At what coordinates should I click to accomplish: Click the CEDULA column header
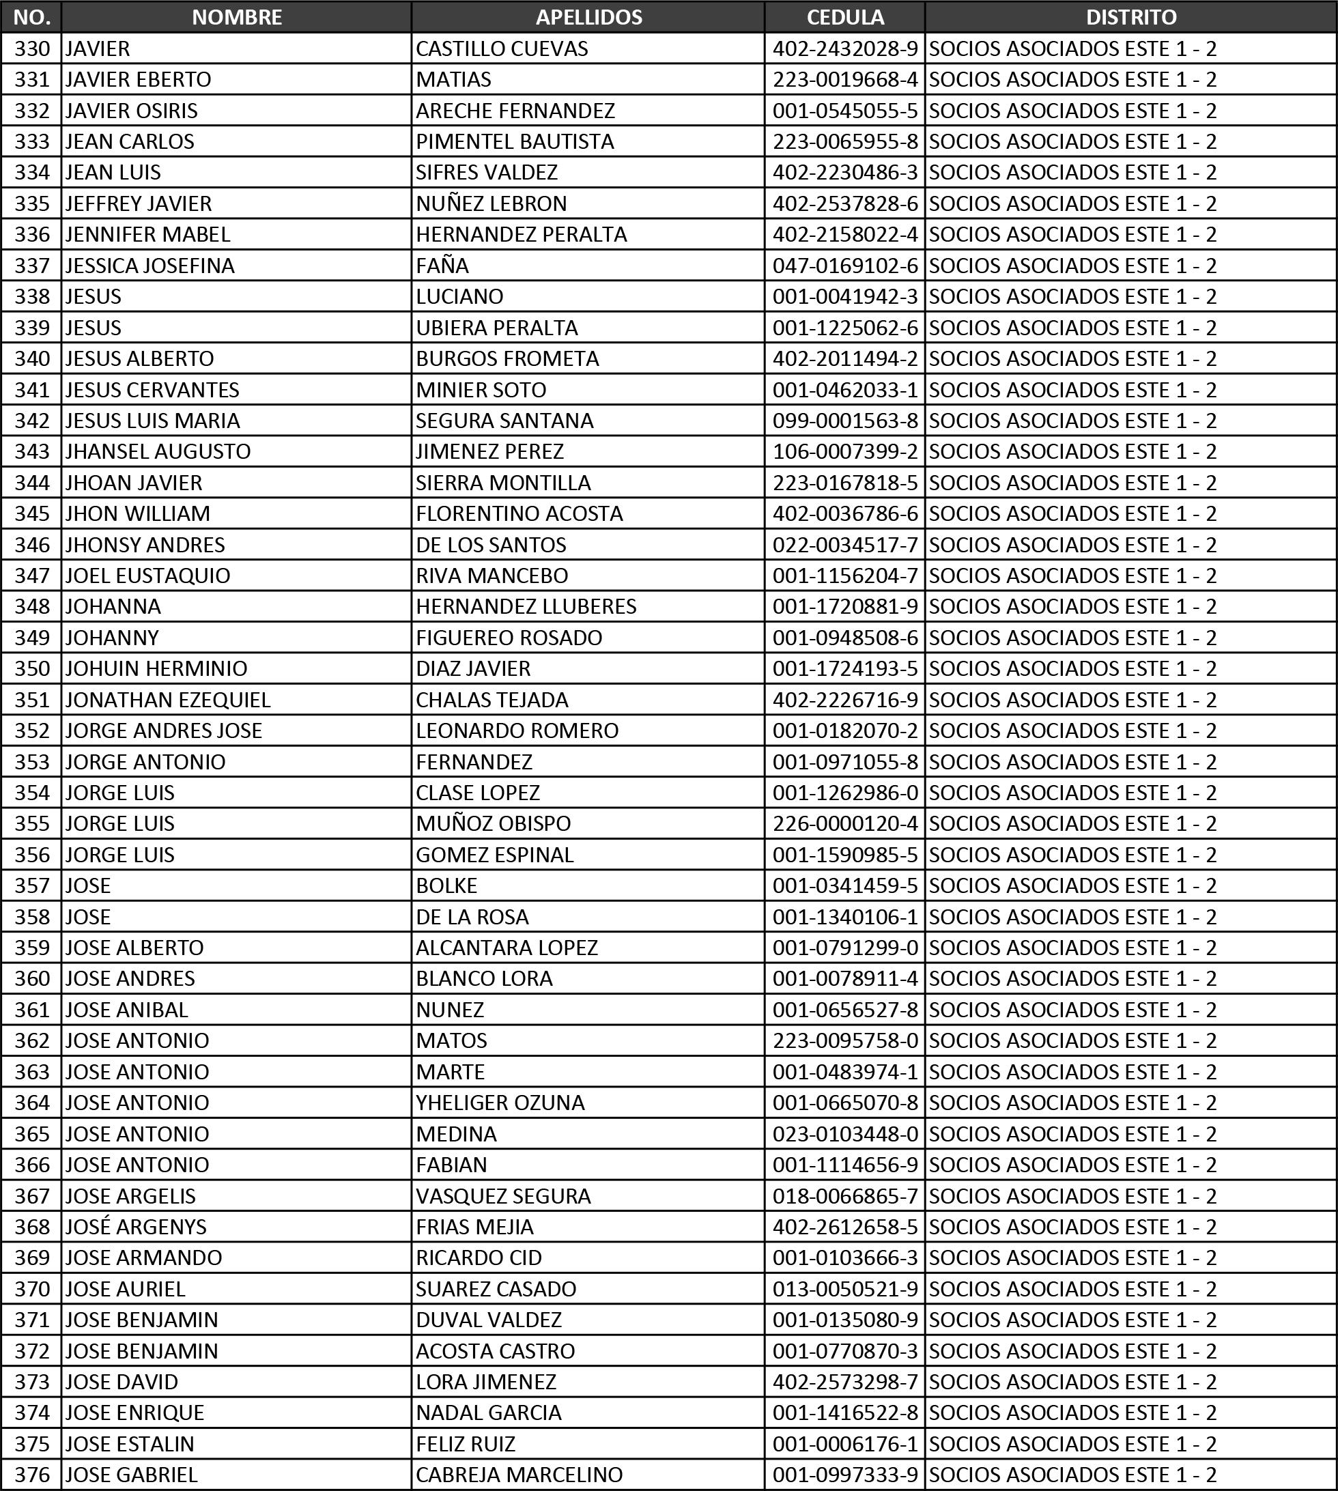coord(844,17)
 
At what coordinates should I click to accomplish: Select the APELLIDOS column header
coord(588,17)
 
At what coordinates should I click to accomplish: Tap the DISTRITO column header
coord(1130,17)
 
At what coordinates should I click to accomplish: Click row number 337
coord(32,266)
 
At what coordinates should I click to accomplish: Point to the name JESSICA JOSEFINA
coord(150,266)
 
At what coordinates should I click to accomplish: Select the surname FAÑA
coord(442,266)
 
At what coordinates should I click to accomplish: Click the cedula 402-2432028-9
coord(844,48)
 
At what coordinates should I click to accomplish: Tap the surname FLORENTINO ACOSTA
coord(519,513)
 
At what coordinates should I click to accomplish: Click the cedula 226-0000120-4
coord(844,823)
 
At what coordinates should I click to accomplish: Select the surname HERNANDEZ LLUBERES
coord(526,606)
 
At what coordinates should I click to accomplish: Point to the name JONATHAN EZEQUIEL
coord(168,699)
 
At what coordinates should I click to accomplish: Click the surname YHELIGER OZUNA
coord(500,1102)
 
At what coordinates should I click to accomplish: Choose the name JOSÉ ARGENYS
coord(136,1226)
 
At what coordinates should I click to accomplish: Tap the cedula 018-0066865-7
coord(844,1195)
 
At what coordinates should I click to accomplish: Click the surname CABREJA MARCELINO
coord(519,1474)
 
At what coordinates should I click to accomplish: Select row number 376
coord(32,1474)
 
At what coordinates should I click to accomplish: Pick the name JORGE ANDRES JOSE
coord(163,730)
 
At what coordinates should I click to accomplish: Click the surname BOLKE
coord(446,885)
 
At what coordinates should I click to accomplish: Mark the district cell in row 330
coord(1072,48)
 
